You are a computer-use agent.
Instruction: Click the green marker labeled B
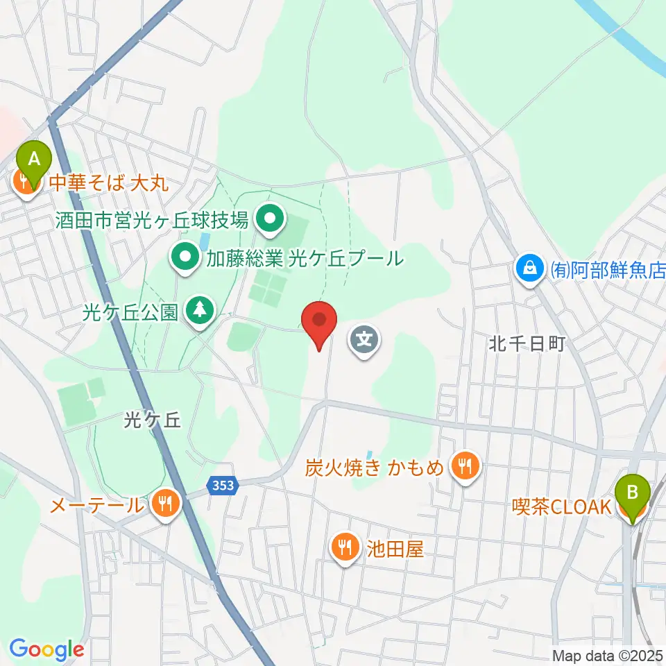coord(633,493)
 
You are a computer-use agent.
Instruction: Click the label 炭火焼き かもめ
coord(373,468)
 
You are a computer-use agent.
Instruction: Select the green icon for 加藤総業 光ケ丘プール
coord(185,259)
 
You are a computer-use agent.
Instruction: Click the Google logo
coord(46,649)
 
